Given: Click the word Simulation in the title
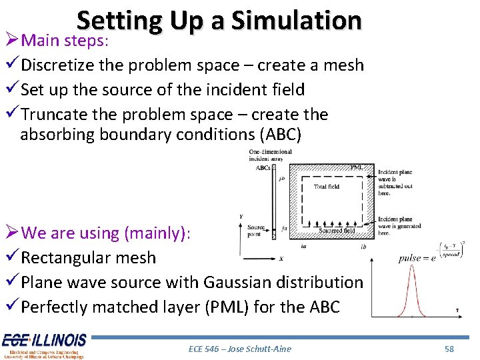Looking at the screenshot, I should click(x=296, y=21).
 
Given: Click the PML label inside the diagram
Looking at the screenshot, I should click(x=357, y=168).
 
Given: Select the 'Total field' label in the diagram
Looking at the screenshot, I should click(x=327, y=187).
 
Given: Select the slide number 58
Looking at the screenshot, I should click(x=449, y=349).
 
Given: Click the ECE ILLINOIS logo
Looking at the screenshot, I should click(x=44, y=345).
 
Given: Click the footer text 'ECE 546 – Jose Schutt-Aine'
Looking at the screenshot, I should click(x=239, y=349).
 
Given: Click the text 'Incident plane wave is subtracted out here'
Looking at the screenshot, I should click(x=395, y=180).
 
